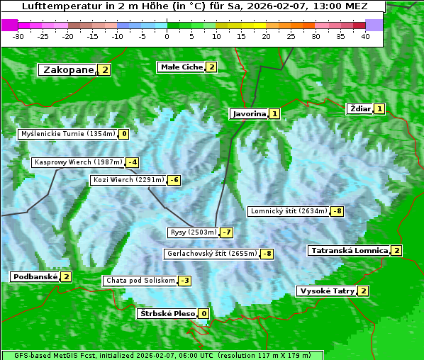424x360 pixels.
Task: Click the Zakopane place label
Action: point(68,69)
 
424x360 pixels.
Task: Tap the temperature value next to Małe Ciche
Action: point(211,67)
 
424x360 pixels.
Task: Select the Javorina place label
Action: point(249,113)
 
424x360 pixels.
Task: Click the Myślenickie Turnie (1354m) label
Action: point(67,133)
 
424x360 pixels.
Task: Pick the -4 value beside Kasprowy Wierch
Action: point(133,162)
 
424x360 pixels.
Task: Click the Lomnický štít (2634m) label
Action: point(289,211)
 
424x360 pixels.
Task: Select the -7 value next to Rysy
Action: point(227,232)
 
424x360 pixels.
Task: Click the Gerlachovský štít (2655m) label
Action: point(211,254)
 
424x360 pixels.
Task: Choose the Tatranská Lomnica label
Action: point(349,250)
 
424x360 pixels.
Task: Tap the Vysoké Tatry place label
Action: point(327,291)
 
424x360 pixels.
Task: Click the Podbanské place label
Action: point(34,276)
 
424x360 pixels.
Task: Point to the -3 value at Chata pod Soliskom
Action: point(184,281)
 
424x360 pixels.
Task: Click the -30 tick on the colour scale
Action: point(18,36)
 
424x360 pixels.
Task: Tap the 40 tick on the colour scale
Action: point(365,36)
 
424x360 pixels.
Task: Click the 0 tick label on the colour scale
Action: point(167,36)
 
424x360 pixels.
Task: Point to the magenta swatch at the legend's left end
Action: point(9,25)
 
